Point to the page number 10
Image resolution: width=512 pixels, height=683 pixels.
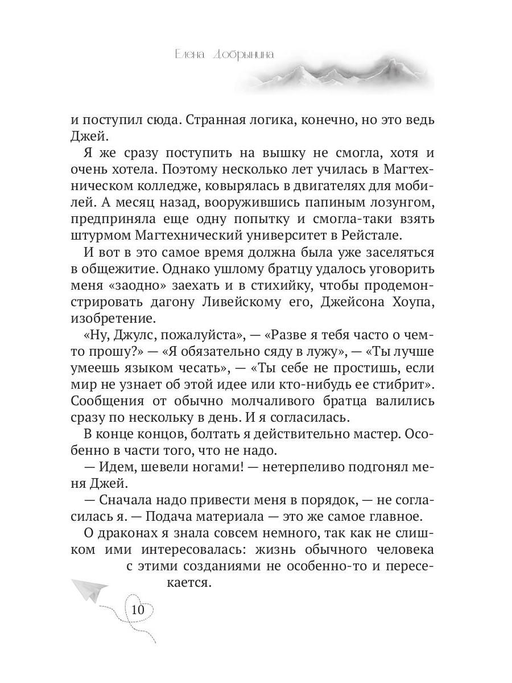138,610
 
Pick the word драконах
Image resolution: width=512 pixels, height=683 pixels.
121,534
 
